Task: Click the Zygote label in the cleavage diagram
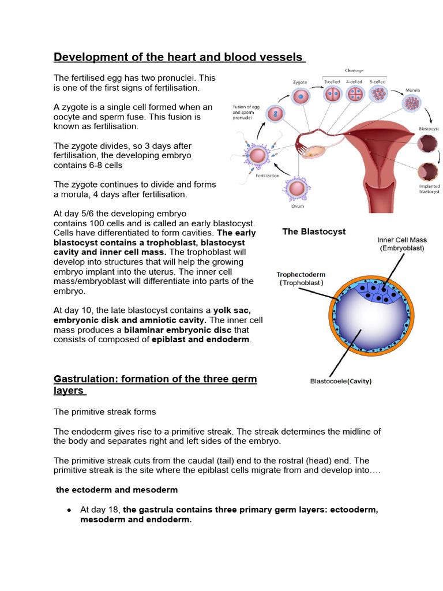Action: click(x=299, y=82)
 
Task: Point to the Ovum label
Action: click(x=298, y=206)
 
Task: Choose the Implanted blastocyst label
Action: click(x=429, y=189)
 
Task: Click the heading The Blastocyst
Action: click(x=314, y=231)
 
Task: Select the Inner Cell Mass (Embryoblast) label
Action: click(x=402, y=244)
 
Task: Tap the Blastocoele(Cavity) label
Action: click(x=341, y=381)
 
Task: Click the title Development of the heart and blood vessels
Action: click(x=179, y=57)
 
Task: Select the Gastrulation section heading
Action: click(x=155, y=384)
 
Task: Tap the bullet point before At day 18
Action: click(x=69, y=510)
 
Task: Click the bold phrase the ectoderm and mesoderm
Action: click(x=117, y=489)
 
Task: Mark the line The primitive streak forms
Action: click(x=105, y=412)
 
